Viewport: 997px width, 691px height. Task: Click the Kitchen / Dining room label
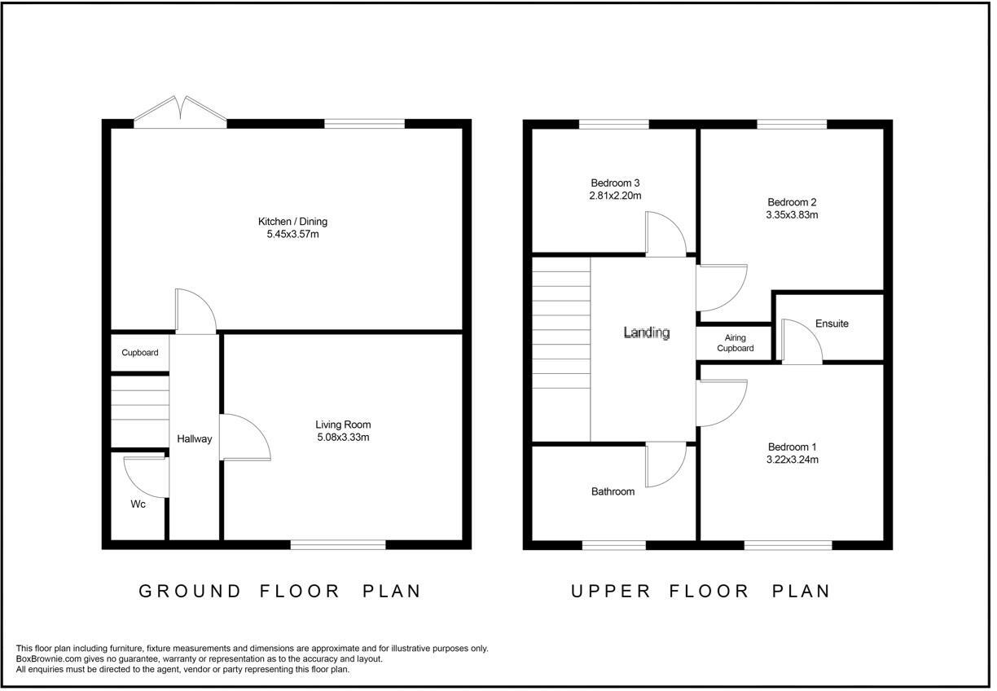point(292,222)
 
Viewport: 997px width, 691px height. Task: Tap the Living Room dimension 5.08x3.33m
point(343,438)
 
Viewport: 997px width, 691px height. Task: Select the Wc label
point(138,504)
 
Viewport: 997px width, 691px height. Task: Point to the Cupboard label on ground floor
point(140,353)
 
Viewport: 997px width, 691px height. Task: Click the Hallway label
point(195,439)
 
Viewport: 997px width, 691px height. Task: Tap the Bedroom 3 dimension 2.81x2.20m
point(615,196)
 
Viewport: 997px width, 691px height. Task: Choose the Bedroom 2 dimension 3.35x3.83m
point(792,214)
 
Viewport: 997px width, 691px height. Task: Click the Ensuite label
point(832,323)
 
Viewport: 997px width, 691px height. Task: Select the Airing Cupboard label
point(736,343)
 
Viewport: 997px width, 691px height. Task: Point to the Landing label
point(647,332)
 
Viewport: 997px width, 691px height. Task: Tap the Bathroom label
point(613,491)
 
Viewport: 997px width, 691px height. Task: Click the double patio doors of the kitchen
point(180,112)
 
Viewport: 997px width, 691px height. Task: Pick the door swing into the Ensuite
point(802,341)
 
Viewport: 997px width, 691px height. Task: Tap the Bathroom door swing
point(666,464)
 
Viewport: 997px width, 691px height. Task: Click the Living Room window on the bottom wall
point(338,544)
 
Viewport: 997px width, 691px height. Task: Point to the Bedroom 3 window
point(614,124)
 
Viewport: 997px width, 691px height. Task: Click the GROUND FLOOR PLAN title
point(280,592)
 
